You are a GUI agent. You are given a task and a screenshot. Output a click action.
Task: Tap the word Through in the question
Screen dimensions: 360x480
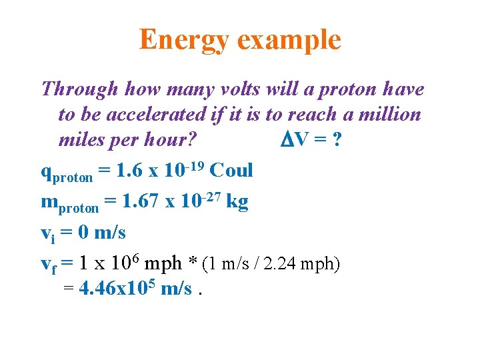pyautogui.click(x=79, y=89)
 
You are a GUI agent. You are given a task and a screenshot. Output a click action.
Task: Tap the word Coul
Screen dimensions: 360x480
pyautogui.click(x=231, y=170)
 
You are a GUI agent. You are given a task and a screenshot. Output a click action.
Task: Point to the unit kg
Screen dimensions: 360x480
pyautogui.click(x=237, y=201)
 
